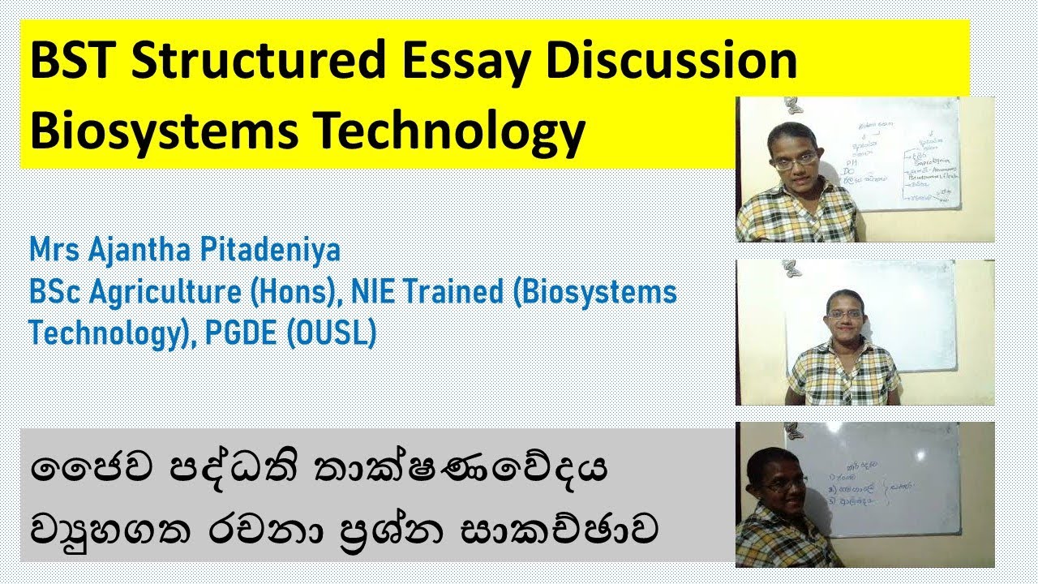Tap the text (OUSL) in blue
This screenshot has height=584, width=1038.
pos(331,333)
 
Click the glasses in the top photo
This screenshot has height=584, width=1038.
pos(794,161)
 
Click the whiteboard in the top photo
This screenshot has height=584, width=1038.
pos(908,154)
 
